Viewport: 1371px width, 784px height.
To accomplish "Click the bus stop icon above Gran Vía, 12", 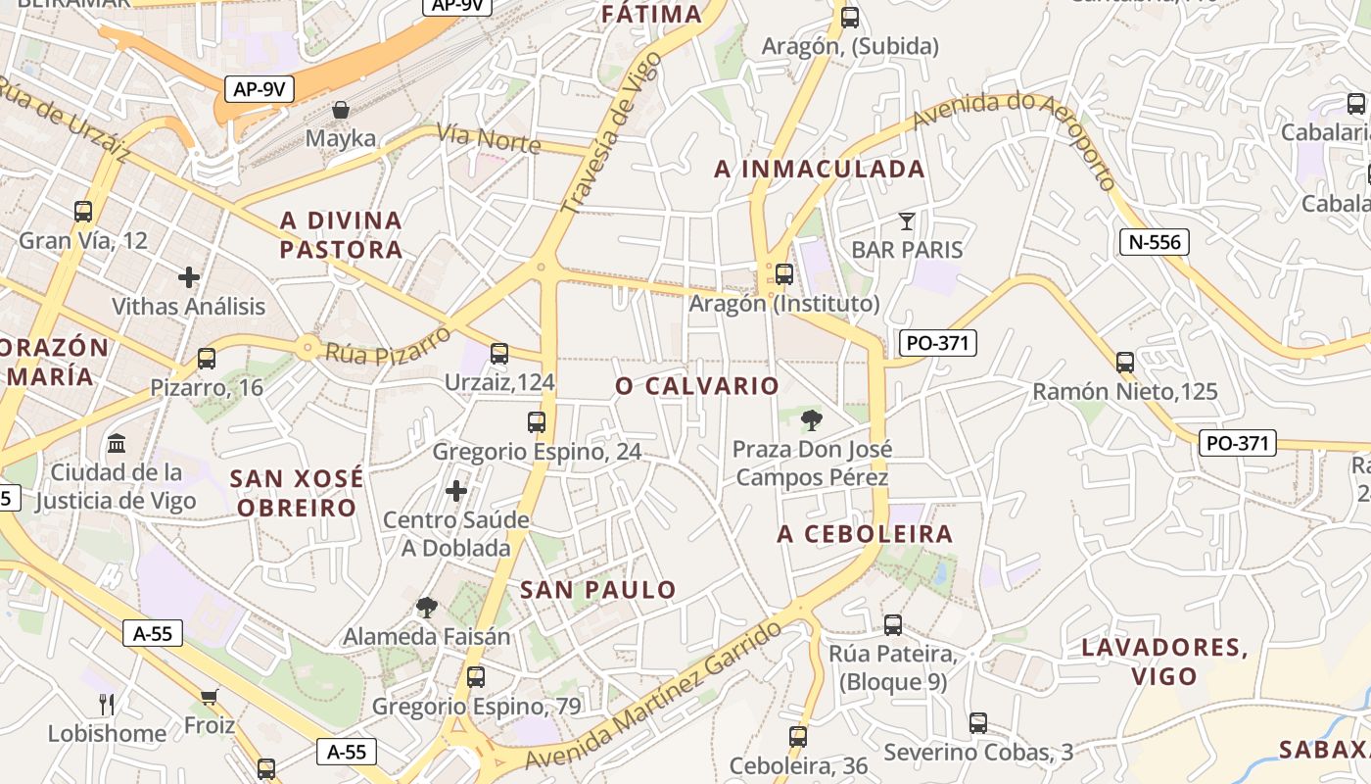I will (x=83, y=211).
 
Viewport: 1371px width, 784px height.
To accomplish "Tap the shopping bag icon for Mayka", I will (x=341, y=110).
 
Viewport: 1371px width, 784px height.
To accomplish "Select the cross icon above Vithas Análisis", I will (x=189, y=277).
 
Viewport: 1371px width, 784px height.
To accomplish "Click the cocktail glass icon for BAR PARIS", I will (x=907, y=221).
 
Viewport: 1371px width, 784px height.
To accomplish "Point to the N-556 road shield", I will (x=1154, y=242).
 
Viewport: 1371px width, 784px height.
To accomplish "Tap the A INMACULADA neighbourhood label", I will (x=820, y=170).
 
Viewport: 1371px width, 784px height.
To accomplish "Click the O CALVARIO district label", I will (x=697, y=386).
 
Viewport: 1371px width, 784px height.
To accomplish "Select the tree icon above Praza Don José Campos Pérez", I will (x=811, y=421).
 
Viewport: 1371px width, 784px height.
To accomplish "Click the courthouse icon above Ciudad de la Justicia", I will (x=117, y=443).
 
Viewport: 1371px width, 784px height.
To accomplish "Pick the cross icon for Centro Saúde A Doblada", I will (x=456, y=490).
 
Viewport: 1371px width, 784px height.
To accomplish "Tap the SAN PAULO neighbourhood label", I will (x=597, y=590).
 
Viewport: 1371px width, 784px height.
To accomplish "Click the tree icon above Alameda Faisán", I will (x=426, y=608).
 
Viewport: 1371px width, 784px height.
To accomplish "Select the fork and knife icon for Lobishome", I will (x=107, y=704).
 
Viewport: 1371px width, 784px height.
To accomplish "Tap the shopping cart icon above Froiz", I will (x=209, y=697).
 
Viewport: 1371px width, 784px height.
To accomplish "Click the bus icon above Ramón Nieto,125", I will (x=1125, y=363).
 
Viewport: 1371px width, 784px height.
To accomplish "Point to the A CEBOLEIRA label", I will (x=865, y=534).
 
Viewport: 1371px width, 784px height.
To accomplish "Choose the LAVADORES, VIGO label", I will (x=1164, y=661).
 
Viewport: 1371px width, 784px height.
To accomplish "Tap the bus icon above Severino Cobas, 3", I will (x=977, y=723).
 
